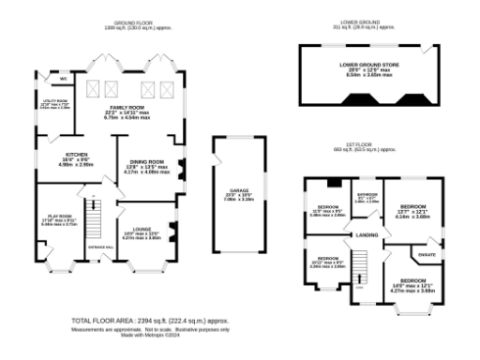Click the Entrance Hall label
tap(100, 247)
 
